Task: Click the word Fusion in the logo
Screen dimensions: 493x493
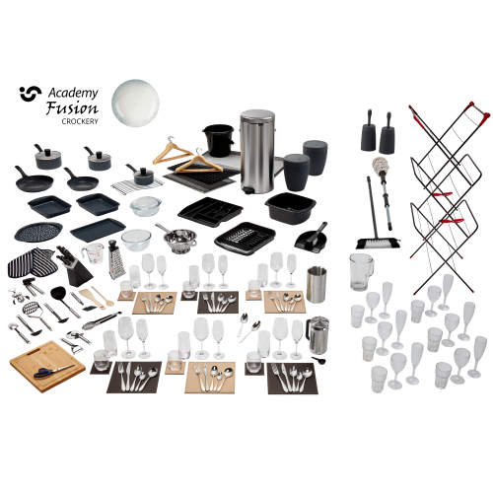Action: point(72,107)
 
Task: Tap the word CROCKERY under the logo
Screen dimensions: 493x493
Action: point(80,121)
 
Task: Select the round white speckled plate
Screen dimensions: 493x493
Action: point(135,102)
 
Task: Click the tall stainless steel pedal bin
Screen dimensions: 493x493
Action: point(257,152)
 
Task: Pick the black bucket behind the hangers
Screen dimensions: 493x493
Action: point(219,141)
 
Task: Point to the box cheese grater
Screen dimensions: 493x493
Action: point(115,259)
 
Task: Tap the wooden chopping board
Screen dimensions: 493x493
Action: point(47,366)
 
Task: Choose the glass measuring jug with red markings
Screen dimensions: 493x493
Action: point(93,253)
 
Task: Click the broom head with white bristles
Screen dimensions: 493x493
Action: point(378,244)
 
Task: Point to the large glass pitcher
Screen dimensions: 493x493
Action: point(361,272)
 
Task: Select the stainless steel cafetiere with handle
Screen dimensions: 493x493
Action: point(317,334)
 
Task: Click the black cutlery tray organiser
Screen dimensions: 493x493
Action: point(210,212)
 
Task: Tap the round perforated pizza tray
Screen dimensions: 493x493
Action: point(38,233)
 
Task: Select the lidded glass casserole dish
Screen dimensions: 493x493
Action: point(146,206)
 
